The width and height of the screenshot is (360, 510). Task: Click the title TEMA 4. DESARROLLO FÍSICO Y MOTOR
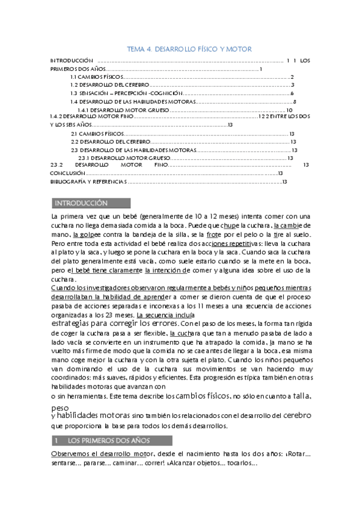(x=191, y=49)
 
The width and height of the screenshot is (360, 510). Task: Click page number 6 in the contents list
(x=291, y=93)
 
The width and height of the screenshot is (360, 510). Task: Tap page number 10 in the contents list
(x=289, y=110)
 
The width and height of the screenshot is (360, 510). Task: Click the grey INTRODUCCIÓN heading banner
(x=90, y=203)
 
